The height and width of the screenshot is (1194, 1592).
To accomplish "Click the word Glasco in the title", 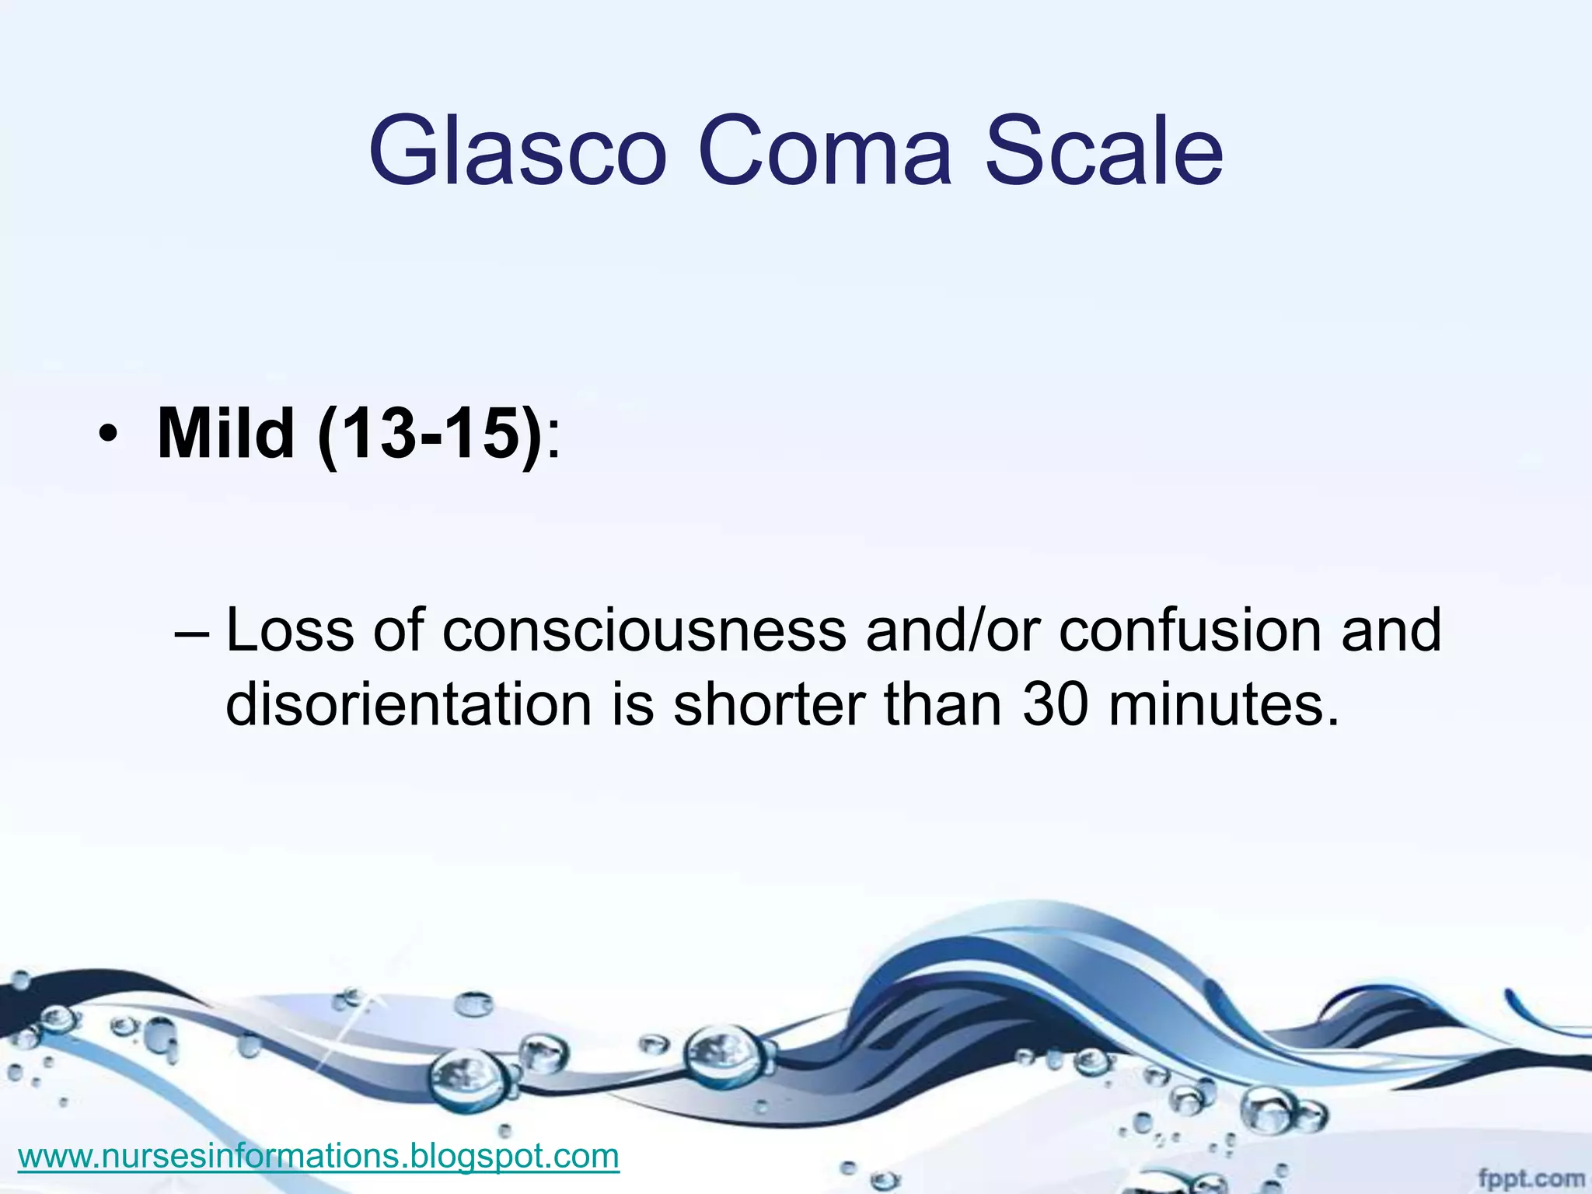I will point(517,152).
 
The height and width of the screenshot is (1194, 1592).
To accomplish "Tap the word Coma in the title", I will point(824,152).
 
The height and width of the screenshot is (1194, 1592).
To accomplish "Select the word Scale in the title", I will point(1104,152).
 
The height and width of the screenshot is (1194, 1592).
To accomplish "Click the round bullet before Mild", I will point(107,437).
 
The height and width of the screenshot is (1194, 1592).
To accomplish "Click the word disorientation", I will point(409,704).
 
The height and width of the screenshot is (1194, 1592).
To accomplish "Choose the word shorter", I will point(769,704).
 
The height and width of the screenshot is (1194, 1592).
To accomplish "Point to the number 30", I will point(1055,704).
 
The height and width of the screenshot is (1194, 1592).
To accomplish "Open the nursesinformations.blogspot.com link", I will point(319,1156).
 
